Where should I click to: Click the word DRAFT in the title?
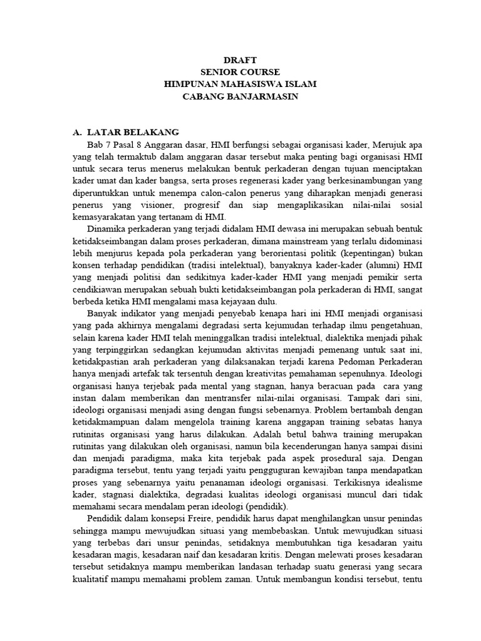point(240,60)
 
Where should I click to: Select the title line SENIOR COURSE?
point(240,72)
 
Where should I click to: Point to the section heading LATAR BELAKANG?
point(133,132)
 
